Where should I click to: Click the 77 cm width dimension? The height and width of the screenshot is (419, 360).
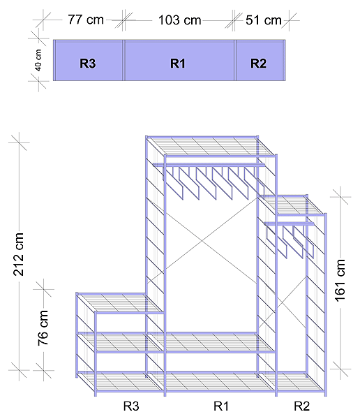point(85,20)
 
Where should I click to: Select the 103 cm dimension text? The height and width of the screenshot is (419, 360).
point(179,20)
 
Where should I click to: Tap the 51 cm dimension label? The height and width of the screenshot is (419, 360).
point(263,20)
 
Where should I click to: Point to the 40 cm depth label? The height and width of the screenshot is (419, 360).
point(38,60)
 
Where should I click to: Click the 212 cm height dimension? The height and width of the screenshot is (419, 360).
point(18,254)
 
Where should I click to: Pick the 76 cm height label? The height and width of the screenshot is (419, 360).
point(43,328)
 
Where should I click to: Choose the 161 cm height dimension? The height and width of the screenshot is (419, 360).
point(340,281)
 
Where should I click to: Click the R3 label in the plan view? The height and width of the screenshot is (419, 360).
point(88,64)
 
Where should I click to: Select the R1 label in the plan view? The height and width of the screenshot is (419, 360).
point(178,64)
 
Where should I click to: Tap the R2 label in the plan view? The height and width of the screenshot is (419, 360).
point(258,64)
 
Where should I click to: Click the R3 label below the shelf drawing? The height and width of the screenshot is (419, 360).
point(131,406)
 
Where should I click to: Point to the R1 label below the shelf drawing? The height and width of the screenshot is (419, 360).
point(221,406)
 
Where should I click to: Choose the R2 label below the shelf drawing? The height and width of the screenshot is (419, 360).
point(302,406)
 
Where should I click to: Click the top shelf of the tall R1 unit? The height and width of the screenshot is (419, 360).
point(211,146)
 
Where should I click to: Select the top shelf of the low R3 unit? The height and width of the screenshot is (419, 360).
point(119,303)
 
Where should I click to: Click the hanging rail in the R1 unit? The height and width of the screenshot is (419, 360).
point(209,165)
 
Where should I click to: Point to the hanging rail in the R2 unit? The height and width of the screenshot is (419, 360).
point(290,223)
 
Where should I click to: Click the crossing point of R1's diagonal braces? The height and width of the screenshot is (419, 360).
point(202,241)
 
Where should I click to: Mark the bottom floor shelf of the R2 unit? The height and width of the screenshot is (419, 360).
point(293,382)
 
